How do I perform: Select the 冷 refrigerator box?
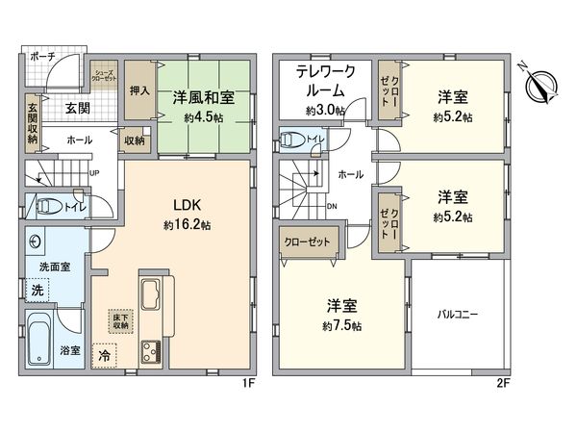click(103, 353)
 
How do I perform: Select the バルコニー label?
click(458, 314)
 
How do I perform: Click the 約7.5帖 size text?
click(342, 326)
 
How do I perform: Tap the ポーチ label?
click(42, 58)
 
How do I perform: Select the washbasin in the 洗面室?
click(37, 242)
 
